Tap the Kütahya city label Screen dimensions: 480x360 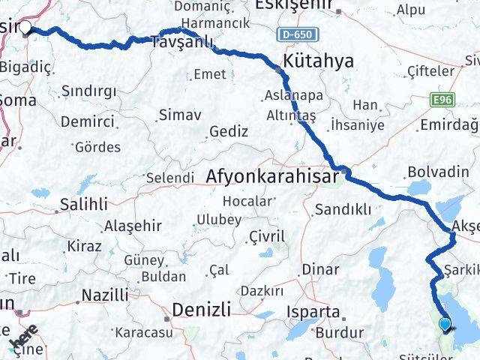(x=318, y=62)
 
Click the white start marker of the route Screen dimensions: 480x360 (x=25, y=28)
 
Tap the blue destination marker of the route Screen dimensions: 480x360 (x=445, y=325)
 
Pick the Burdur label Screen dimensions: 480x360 (x=339, y=332)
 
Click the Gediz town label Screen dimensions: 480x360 (x=229, y=131)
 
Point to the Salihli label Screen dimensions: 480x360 (x=85, y=203)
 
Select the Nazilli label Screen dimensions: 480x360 (x=104, y=295)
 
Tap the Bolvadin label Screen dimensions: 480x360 (x=437, y=172)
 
